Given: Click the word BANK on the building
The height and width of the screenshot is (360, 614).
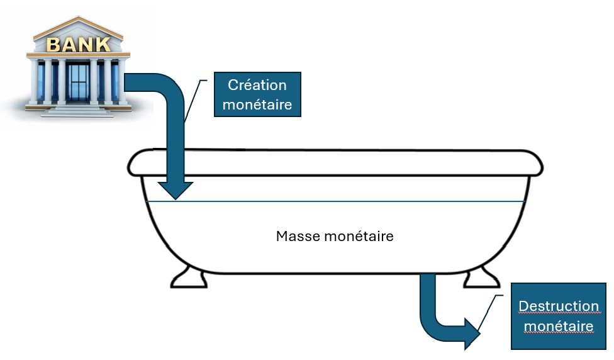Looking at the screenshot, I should [79, 45].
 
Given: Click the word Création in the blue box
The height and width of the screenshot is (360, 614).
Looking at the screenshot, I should [257, 85].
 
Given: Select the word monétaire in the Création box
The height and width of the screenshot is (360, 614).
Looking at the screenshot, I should [257, 104].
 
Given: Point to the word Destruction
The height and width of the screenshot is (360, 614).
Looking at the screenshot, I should [558, 307].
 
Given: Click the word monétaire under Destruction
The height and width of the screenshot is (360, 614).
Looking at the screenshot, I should [558, 327].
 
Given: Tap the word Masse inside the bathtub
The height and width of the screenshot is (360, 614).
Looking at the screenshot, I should [298, 237].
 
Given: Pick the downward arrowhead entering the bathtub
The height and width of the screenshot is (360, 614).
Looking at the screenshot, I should [175, 190].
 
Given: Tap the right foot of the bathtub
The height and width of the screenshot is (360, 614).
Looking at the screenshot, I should [481, 277].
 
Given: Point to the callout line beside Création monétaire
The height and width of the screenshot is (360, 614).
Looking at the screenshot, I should [196, 101].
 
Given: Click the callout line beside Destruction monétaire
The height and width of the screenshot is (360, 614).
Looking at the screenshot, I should [491, 313].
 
